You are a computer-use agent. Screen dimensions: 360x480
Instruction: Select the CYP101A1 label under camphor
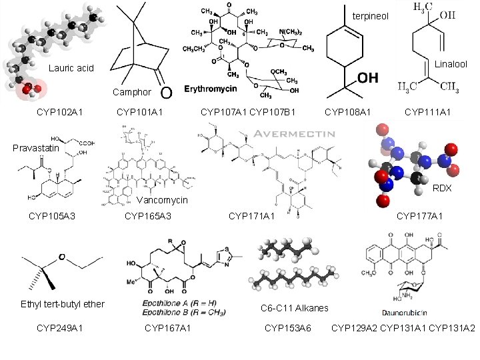point(139,112)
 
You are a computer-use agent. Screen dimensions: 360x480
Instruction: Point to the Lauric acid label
point(71,69)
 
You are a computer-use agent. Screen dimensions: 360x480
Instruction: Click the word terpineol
point(367,15)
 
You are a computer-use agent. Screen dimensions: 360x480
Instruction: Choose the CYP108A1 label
point(347,112)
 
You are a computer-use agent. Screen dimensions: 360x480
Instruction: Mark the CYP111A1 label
point(427,112)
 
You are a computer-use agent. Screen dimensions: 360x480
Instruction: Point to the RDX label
point(442,188)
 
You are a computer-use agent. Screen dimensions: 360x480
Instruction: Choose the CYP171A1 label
point(251,215)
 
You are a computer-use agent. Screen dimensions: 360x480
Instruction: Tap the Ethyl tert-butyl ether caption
point(63,304)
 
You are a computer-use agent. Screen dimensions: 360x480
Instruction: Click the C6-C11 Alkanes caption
point(294,307)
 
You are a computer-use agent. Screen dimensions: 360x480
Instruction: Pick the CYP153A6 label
point(288,327)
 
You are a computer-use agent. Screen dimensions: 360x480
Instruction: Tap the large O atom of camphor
point(167,89)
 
